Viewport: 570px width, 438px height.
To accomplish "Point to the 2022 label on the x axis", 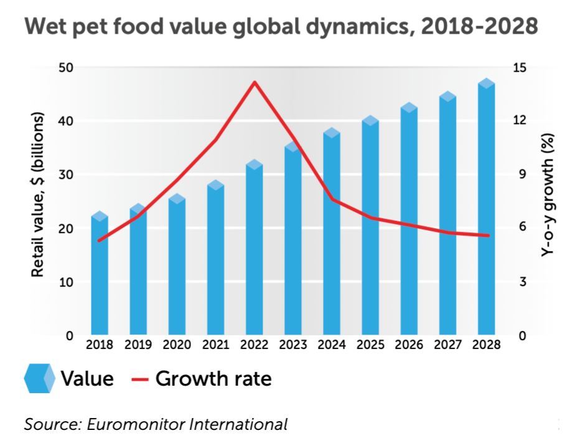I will (x=254, y=345).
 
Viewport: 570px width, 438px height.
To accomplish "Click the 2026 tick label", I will (x=408, y=345).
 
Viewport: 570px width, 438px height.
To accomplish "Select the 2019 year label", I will (x=138, y=345).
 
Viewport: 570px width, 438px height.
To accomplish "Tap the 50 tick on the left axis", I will (x=66, y=67).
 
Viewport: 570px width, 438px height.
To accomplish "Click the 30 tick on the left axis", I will (x=66, y=175).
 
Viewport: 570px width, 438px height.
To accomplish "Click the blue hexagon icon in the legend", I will (x=39, y=378).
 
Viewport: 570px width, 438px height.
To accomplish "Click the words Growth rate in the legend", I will (x=213, y=378).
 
